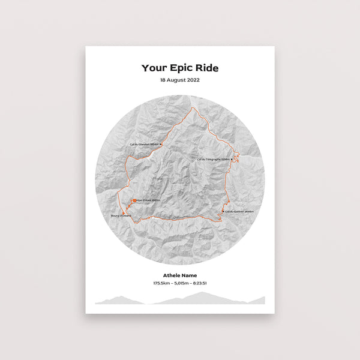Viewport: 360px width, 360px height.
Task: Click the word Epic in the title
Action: [x=180, y=68]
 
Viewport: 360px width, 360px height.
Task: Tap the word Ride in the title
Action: [x=206, y=68]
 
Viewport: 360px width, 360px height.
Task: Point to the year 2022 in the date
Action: [x=193, y=80]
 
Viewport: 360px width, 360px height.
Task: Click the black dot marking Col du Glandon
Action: [x=160, y=145]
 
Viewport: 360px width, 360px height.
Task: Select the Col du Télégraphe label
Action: [x=213, y=160]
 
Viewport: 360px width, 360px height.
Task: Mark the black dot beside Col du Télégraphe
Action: [x=232, y=160]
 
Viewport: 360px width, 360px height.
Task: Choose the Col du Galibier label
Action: [x=239, y=212]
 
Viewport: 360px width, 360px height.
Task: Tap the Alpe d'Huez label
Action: [x=148, y=200]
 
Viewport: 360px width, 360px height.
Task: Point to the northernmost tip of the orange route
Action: [x=193, y=108]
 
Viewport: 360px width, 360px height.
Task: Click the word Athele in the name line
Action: [x=172, y=275]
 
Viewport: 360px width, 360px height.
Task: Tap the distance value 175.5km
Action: [x=161, y=283]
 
